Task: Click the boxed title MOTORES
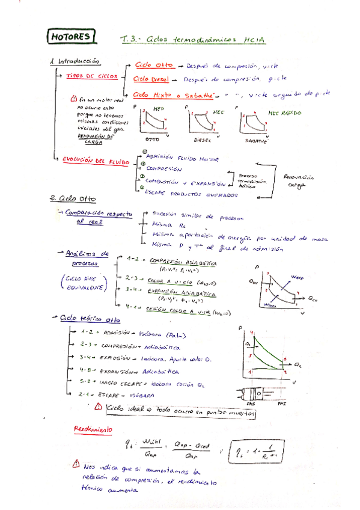(x=71, y=37)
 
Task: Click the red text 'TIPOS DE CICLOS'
(x=92, y=76)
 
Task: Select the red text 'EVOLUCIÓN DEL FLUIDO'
(x=92, y=161)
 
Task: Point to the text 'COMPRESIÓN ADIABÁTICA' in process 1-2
(x=182, y=262)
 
